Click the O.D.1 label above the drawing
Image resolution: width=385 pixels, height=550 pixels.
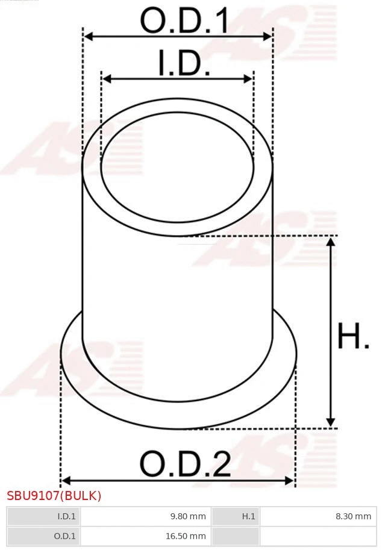point(184,21)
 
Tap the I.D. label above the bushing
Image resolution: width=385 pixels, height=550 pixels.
point(184,63)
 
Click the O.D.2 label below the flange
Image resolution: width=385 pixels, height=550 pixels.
point(185,464)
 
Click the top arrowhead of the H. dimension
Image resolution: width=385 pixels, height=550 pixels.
point(330,242)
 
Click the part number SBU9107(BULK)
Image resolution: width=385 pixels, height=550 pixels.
point(54,496)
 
